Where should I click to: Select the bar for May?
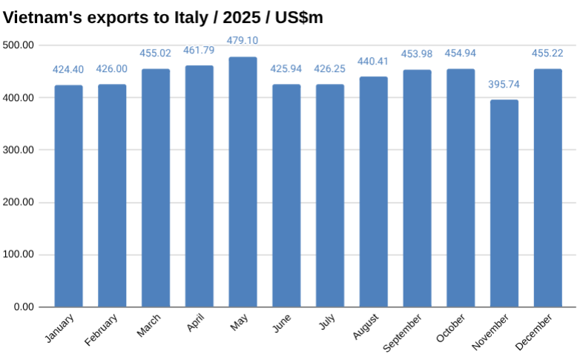pyautogui.click(x=243, y=182)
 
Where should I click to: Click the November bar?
pyautogui.click(x=504, y=203)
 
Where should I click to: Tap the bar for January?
pyautogui.click(x=68, y=196)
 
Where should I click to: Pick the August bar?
pyautogui.click(x=374, y=192)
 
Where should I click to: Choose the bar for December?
pyautogui.click(x=548, y=188)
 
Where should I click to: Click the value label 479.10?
pyautogui.click(x=243, y=41)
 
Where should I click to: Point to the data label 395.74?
pyautogui.click(x=504, y=84)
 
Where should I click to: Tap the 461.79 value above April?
pyautogui.click(x=199, y=50)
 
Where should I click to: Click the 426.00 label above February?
pyautogui.click(x=112, y=69)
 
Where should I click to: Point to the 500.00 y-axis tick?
pyautogui.click(x=19, y=45)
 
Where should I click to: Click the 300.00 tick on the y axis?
pyautogui.click(x=19, y=150)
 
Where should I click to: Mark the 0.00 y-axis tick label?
pyautogui.click(x=24, y=307)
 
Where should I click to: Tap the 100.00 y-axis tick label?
pyautogui.click(x=19, y=255)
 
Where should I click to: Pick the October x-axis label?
pyautogui.click(x=451, y=328)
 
